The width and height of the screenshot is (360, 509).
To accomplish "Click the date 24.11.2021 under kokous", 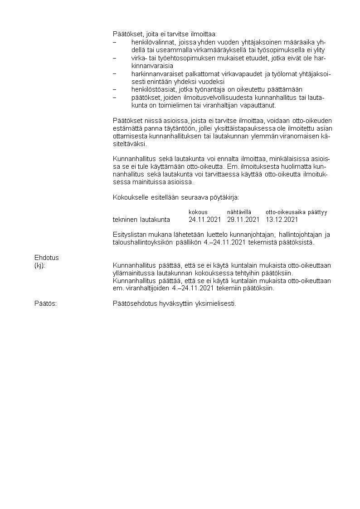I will [x=204, y=220].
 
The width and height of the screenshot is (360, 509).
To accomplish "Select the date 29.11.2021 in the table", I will [x=243, y=220].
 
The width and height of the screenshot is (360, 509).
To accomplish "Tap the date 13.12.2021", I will [x=282, y=220].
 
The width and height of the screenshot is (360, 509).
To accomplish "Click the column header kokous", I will [x=198, y=212].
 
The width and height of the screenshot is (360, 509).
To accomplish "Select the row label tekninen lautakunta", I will [x=141, y=220].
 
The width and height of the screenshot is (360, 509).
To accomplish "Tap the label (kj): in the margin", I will [x=39, y=265].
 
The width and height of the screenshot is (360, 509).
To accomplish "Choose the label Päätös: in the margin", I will [x=45, y=303].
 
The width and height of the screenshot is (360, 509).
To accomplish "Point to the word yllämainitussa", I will [x=132, y=273].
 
